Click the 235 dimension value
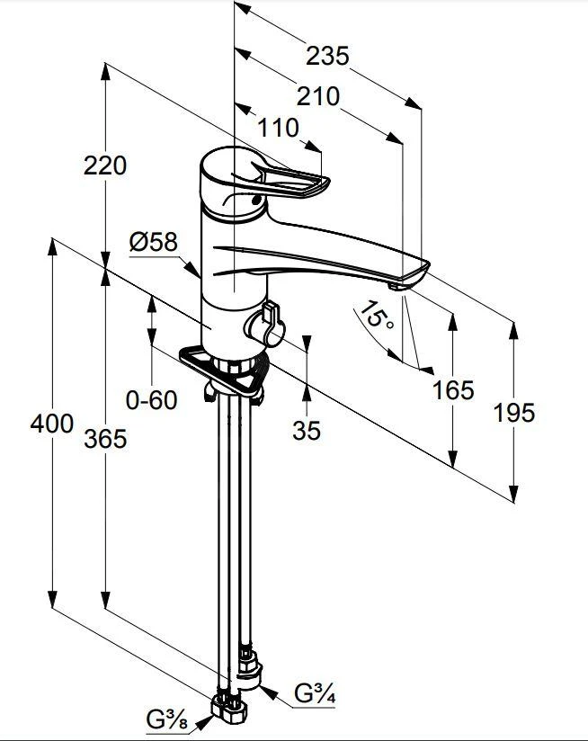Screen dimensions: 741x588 tap(326, 56)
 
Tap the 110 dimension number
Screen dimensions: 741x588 tap(277, 129)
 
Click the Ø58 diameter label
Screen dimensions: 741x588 tap(153, 242)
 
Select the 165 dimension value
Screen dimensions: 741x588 tap(452, 389)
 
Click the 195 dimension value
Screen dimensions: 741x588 tap(513, 412)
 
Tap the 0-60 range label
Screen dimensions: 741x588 tap(151, 400)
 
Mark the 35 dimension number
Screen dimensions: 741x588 tap(307, 431)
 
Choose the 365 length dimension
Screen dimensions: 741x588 tap(105, 439)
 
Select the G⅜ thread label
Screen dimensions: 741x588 tap(167, 720)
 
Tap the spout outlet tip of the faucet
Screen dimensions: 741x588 tap(397, 285)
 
